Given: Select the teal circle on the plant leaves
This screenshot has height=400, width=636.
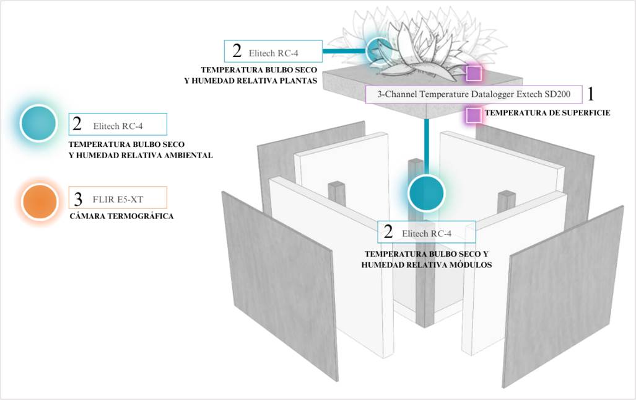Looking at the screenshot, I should pos(379,50).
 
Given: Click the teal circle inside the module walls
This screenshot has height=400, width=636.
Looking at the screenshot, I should pos(426,193).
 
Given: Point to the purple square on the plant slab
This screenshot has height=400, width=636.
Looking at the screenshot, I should pos(474,73).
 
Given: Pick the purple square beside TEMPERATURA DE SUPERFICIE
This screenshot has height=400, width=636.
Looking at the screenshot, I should pos(474,115).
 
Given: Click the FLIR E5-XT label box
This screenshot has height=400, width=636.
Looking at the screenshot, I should pos(117,198).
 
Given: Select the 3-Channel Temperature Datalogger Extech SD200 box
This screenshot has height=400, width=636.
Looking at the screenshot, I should pos(473,94).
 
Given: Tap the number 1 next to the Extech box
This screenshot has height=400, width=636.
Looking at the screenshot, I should pos(591,94).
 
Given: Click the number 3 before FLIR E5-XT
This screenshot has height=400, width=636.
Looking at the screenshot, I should pos(78,199).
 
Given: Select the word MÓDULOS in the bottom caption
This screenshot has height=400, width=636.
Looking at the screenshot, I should pos(471,265).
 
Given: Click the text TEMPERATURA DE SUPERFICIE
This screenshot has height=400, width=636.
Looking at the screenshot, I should pos(547,113).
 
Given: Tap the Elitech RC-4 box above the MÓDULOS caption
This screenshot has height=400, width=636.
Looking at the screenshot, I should pos(427,233).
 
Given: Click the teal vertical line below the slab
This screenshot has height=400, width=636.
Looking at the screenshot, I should pos(427,146).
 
